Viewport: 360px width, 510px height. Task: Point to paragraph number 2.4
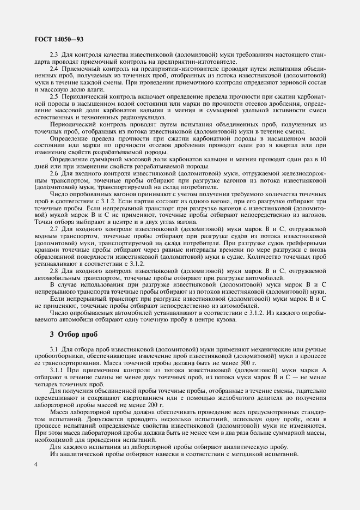coord(54,69)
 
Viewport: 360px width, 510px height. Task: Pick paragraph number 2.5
coord(54,95)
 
